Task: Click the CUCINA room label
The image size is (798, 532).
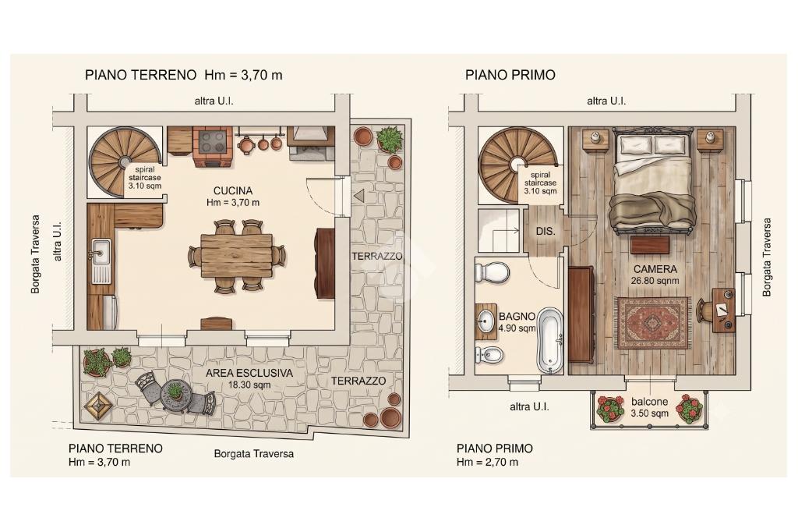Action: click(232, 191)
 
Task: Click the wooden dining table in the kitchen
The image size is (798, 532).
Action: click(237, 255)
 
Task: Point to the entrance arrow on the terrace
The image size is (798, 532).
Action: click(359, 195)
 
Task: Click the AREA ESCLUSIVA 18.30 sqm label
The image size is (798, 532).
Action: click(249, 378)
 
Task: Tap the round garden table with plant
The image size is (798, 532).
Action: click(175, 394)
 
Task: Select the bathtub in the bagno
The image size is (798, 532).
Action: click(550, 339)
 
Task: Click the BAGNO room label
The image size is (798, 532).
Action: click(517, 317)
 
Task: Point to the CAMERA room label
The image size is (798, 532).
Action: click(655, 269)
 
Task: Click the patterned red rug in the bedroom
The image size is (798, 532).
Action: click(652, 323)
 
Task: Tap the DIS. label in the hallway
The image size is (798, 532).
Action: click(545, 232)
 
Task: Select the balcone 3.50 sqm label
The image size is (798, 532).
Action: click(649, 407)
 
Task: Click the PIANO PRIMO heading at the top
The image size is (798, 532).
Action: click(510, 75)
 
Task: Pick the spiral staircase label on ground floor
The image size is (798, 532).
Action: click(144, 177)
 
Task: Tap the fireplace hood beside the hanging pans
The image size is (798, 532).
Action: click(309, 137)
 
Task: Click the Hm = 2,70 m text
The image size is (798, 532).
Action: click(487, 463)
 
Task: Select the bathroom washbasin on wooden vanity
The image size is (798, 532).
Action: click(486, 321)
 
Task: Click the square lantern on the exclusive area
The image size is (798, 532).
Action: click(99, 406)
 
